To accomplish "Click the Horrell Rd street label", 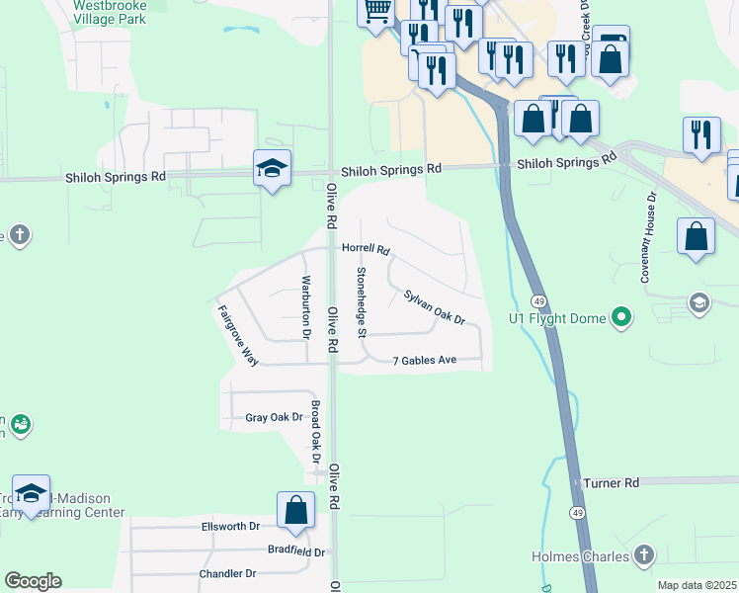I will (x=367, y=250).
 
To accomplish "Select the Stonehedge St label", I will (x=362, y=300).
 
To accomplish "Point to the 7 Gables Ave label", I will (x=424, y=360).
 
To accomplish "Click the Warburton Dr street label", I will (x=306, y=306).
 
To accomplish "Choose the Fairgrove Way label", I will (x=237, y=335).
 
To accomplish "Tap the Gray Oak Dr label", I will (x=274, y=418).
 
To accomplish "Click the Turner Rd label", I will (x=612, y=482).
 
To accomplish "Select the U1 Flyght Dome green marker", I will (x=621, y=318).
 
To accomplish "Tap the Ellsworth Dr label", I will (x=229, y=527).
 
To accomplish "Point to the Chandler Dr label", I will (x=227, y=573).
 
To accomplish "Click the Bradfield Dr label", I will (x=296, y=551).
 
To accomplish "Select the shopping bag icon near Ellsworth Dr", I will (x=295, y=511).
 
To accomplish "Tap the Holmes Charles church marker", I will (x=644, y=555).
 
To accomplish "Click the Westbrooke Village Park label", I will (x=112, y=11).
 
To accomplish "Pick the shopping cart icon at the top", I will (x=375, y=12).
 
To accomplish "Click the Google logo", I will (x=33, y=581).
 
